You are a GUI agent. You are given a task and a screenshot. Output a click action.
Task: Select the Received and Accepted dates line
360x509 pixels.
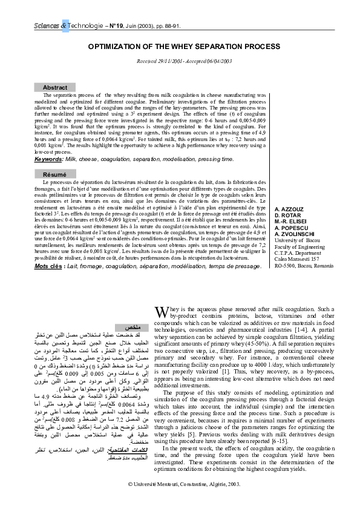[x=180, y=62]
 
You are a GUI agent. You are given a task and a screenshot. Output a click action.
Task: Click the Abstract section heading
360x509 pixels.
[x=56, y=88]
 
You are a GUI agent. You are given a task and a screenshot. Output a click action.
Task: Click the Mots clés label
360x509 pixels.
[x=50, y=266]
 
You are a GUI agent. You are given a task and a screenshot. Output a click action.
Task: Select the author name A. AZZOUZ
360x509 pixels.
[x=289, y=208]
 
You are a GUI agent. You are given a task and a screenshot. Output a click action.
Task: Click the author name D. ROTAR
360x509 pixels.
[x=287, y=214]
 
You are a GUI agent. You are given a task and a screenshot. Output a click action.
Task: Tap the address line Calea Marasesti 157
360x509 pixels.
[x=296, y=260]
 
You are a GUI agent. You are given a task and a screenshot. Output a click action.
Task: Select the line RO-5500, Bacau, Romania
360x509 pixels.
[x=304, y=266]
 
